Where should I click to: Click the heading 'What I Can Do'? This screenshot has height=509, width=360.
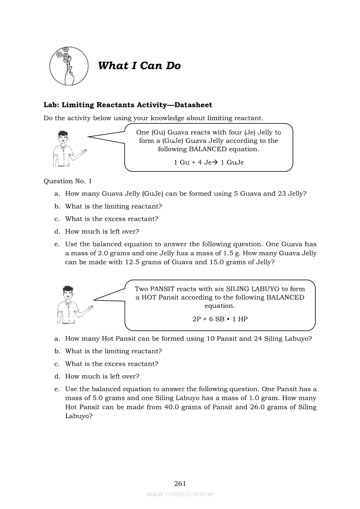(139, 66)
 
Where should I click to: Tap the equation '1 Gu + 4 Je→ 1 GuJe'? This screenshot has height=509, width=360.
(209, 162)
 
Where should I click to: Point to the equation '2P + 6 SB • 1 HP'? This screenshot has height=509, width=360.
(220, 319)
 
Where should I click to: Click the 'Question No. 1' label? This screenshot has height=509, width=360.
(68, 181)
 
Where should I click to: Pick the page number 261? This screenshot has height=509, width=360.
(180, 483)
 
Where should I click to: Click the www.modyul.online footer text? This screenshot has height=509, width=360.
(180, 494)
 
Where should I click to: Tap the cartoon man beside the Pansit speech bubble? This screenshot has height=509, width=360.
(69, 304)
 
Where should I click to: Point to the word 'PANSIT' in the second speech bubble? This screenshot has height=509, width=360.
(164, 289)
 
